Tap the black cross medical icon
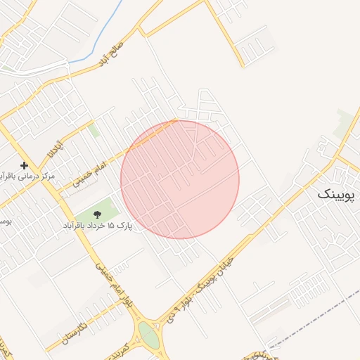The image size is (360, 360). coord(24,165)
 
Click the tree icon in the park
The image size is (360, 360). coord(97,213)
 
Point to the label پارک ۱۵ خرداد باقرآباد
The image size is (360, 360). coord(98,226)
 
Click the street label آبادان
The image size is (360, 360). coord(54,148)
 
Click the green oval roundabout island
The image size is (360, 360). coord(149,335)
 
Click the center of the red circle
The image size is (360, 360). coord(180,179)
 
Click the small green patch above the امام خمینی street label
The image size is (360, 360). coord(94,131)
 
